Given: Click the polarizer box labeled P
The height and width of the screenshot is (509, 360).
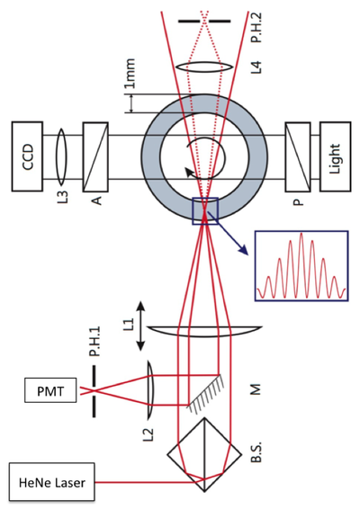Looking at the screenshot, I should [x=296, y=159].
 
